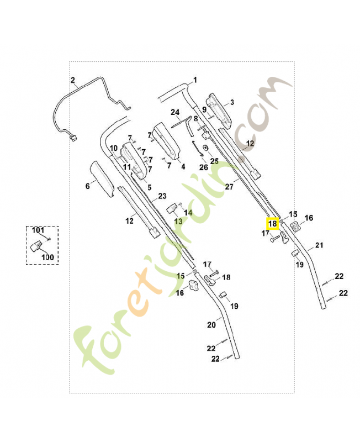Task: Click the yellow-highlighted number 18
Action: (273, 224)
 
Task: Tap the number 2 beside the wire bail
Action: (73, 81)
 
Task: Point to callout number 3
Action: (232, 102)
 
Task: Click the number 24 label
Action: (175, 112)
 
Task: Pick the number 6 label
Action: (87, 186)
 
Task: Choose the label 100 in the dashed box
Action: (48, 257)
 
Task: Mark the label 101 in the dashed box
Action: (37, 230)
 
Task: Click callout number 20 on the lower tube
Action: (211, 325)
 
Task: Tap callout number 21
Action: (319, 245)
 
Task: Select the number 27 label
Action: (229, 187)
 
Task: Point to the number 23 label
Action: (162, 196)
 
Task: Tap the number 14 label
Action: (188, 212)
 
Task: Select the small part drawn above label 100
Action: (38, 245)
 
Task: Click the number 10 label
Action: (113, 148)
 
